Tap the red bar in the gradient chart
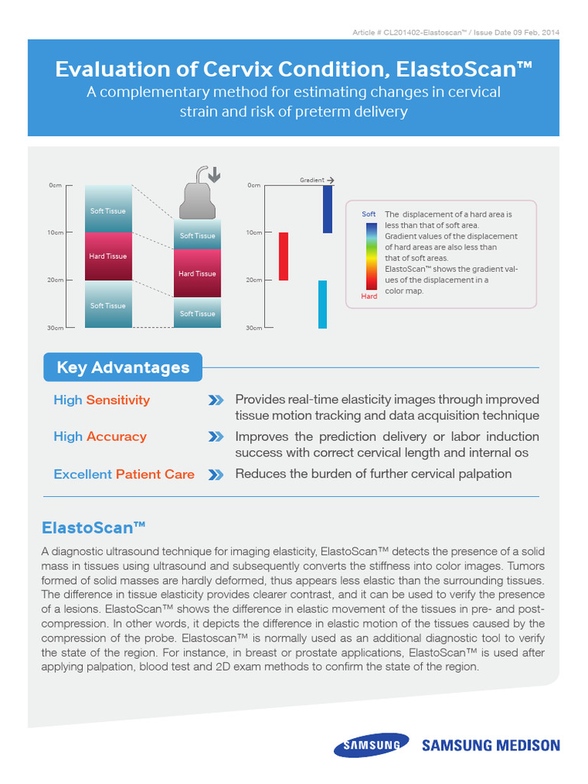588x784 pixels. coord(283,256)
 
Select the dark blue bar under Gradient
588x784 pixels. coord(327,208)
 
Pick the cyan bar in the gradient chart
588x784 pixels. coord(322,304)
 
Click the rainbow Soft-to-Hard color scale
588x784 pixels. coord(370,255)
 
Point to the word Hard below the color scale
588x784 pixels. coord(369,296)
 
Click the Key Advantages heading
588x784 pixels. coord(123,367)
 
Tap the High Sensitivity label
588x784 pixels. coord(102,400)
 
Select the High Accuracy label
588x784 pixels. coord(100,436)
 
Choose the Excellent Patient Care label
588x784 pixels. coord(124,474)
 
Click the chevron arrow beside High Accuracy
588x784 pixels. coord(216,437)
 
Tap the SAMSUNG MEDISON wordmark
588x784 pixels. coord(491,745)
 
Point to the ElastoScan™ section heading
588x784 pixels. coord(94,528)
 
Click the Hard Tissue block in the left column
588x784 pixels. coord(108,256)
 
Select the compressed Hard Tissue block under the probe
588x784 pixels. coord(198,273)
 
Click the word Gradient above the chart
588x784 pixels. coord(312,180)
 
